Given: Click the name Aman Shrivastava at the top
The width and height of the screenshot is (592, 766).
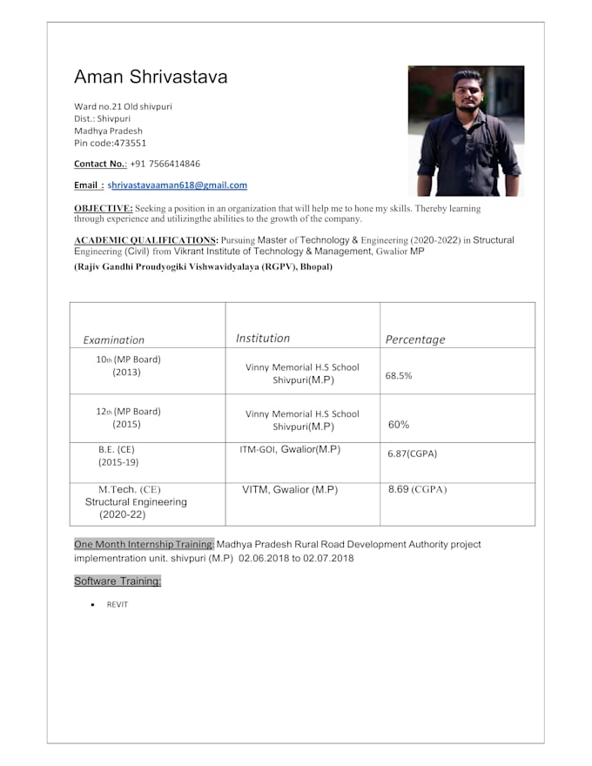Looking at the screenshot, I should (x=151, y=77).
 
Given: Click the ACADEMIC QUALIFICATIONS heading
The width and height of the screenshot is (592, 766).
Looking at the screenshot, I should (x=145, y=239).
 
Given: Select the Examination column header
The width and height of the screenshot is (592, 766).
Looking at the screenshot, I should (x=114, y=340).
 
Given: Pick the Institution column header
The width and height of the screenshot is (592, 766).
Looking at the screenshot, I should (x=263, y=339).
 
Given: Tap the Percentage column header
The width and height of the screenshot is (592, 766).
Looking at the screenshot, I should (x=415, y=340).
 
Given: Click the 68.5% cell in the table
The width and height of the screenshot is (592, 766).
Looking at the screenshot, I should (x=399, y=376).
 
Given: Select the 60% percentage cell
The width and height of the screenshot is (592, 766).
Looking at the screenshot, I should (x=399, y=425).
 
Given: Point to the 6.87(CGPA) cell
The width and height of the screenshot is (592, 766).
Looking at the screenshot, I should (x=413, y=454).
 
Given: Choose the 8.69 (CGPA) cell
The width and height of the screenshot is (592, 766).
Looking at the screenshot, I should (x=417, y=490).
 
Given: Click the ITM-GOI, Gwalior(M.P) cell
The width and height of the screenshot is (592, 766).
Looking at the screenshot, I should (x=290, y=450).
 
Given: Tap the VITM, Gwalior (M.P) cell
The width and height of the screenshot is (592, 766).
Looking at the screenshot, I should (x=290, y=490).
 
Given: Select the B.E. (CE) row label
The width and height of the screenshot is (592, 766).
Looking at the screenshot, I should (x=117, y=450).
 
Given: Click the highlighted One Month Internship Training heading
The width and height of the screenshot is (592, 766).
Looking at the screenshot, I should (x=144, y=545).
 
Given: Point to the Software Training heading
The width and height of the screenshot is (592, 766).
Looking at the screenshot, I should (x=118, y=581).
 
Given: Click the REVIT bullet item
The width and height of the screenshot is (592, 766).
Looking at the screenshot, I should (x=118, y=604).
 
